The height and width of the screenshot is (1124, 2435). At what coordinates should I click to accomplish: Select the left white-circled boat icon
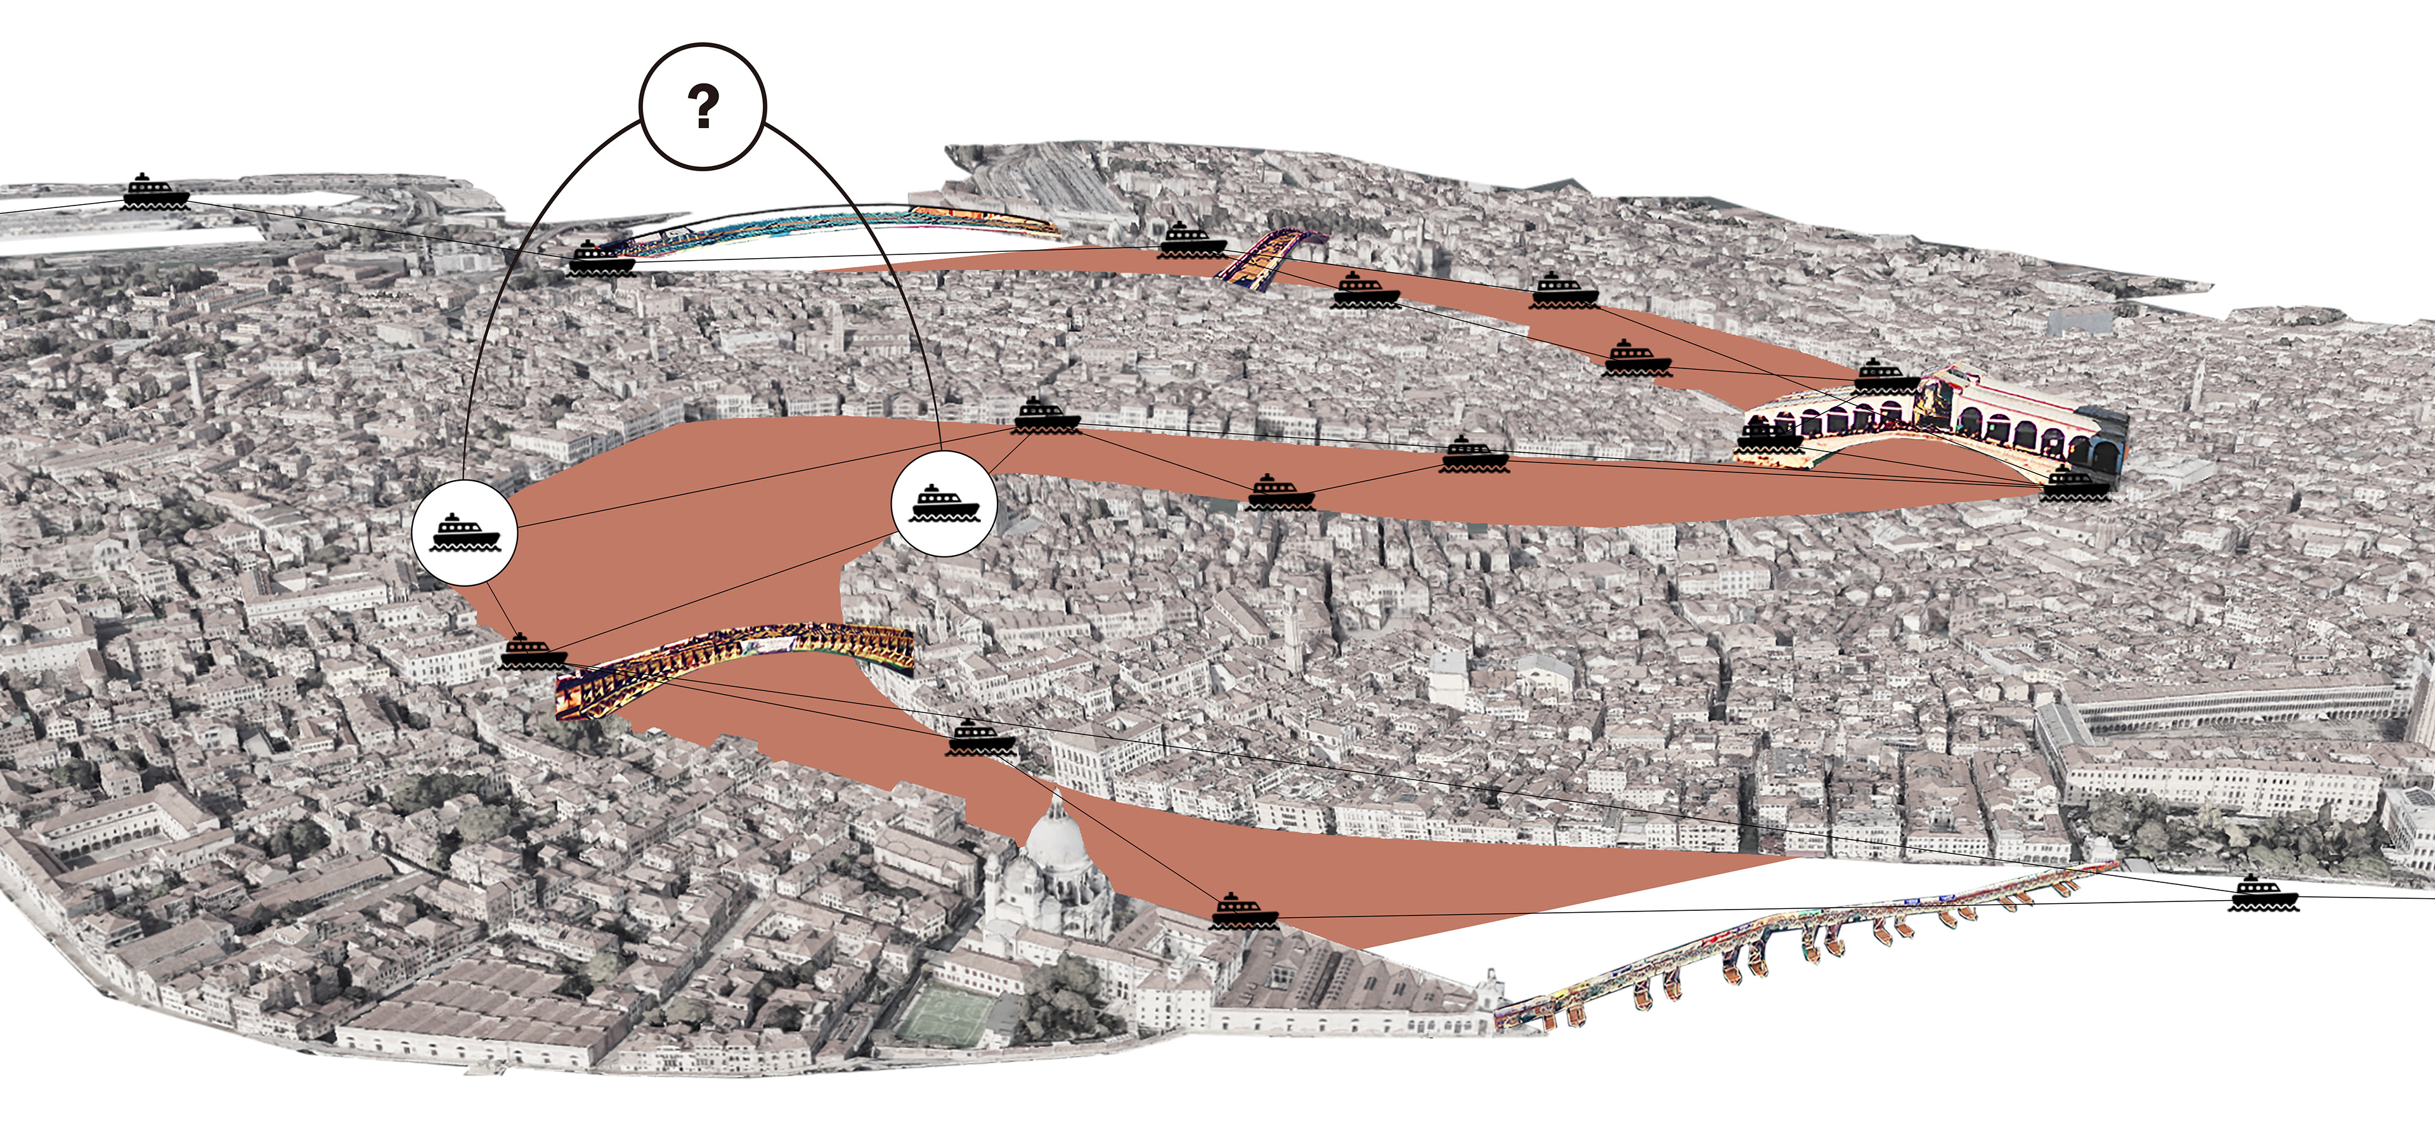coord(464,532)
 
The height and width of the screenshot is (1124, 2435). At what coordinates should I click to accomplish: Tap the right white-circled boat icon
coord(944,502)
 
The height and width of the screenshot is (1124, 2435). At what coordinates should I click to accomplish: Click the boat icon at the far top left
coord(157,192)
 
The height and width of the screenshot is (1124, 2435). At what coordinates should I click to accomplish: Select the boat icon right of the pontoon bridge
coord(2263,893)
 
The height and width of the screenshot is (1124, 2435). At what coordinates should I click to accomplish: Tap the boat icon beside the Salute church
coord(1245,910)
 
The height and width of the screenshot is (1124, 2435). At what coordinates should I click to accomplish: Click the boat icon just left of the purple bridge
coord(1192,240)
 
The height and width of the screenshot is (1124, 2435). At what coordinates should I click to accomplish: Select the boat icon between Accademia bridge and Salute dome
coord(981,737)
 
